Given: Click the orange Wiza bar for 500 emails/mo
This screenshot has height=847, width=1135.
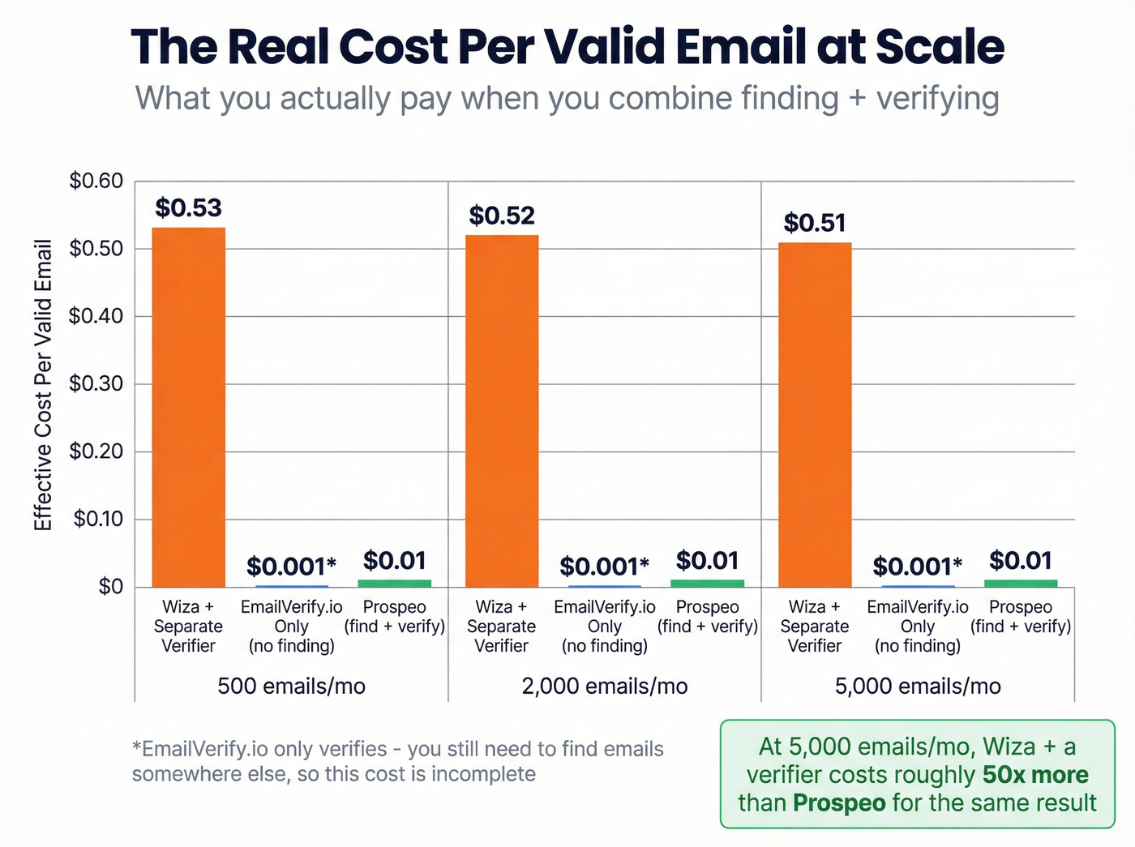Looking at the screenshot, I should [188, 407].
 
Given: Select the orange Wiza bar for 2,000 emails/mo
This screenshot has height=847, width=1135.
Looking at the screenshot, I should [501, 411].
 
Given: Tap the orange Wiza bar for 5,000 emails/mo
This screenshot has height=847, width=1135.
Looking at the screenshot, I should [815, 414].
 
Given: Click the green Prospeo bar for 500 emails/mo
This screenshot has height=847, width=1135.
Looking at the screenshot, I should [394, 583].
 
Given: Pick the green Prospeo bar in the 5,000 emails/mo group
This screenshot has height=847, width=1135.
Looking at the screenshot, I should [1021, 583].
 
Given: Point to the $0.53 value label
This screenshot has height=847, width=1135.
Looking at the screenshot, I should [188, 208].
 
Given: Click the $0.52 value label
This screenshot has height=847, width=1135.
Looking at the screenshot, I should [502, 216].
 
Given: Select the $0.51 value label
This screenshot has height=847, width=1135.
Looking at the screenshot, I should [815, 223].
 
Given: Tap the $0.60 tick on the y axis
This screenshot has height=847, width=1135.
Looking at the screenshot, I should [96, 181].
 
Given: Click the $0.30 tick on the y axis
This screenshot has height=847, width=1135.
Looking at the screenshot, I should [96, 383].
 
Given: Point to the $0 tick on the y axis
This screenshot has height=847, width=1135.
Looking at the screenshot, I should [110, 586].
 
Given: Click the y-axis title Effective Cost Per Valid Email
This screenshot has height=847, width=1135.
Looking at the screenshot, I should [43, 385].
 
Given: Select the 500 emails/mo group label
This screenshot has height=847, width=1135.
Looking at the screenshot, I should [291, 687].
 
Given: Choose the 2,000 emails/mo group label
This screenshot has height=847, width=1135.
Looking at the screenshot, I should [605, 687].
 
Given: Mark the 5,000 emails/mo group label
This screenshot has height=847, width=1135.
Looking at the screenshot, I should [918, 687].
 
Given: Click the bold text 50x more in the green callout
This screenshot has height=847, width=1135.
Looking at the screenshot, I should [1035, 775].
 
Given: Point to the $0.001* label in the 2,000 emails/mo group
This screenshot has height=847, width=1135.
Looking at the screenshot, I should [604, 566].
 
